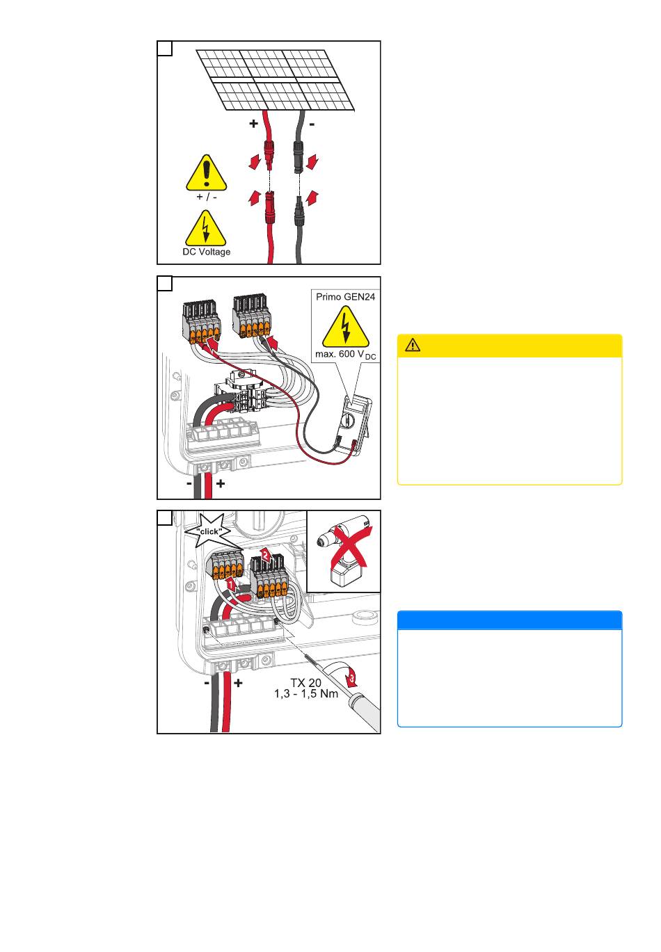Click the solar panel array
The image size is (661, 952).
tap(276, 80)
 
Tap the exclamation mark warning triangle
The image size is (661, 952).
tap(206, 172)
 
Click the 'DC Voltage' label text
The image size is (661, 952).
tap(206, 252)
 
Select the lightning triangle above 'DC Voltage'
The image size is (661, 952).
tap(206, 228)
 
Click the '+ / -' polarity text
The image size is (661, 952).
tap(207, 197)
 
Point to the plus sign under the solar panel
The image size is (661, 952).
tap(253, 123)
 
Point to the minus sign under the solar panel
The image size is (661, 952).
tap(312, 124)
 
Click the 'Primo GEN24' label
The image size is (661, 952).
tap(345, 297)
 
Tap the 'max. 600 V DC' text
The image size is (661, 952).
tap(345, 355)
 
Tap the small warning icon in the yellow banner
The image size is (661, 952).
tap(413, 345)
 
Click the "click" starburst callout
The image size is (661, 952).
tap(209, 531)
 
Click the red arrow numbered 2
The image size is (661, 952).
tap(265, 554)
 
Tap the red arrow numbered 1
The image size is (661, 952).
tap(231, 584)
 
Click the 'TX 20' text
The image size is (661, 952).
tap(305, 683)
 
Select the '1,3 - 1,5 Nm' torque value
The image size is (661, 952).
tap(306, 693)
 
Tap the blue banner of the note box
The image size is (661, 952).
tap(509, 620)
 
